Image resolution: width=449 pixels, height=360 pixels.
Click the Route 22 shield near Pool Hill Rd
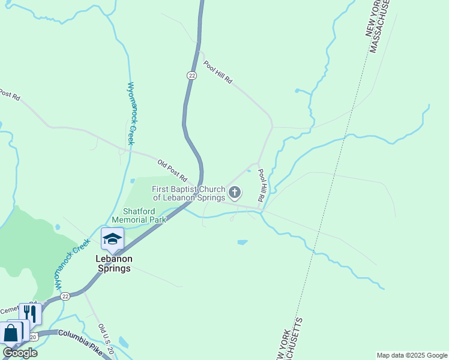click(191, 75)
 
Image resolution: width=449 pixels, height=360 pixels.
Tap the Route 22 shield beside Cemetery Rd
click(65, 296)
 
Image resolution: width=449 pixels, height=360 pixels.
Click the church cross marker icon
click(235, 193)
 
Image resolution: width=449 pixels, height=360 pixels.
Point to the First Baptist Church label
click(188, 193)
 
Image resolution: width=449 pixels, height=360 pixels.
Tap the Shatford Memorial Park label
click(139, 215)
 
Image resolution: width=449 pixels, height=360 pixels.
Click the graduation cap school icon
click(112, 239)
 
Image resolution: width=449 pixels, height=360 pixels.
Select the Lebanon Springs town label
click(113, 263)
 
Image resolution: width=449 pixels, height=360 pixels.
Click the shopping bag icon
click(11, 332)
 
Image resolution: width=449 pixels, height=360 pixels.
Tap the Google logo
click(20, 353)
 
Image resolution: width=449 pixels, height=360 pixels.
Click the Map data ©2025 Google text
click(412, 355)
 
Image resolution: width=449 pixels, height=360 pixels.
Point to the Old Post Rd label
click(172, 170)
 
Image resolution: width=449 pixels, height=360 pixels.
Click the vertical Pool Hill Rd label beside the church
click(262, 185)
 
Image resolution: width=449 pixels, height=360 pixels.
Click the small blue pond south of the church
click(242, 242)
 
